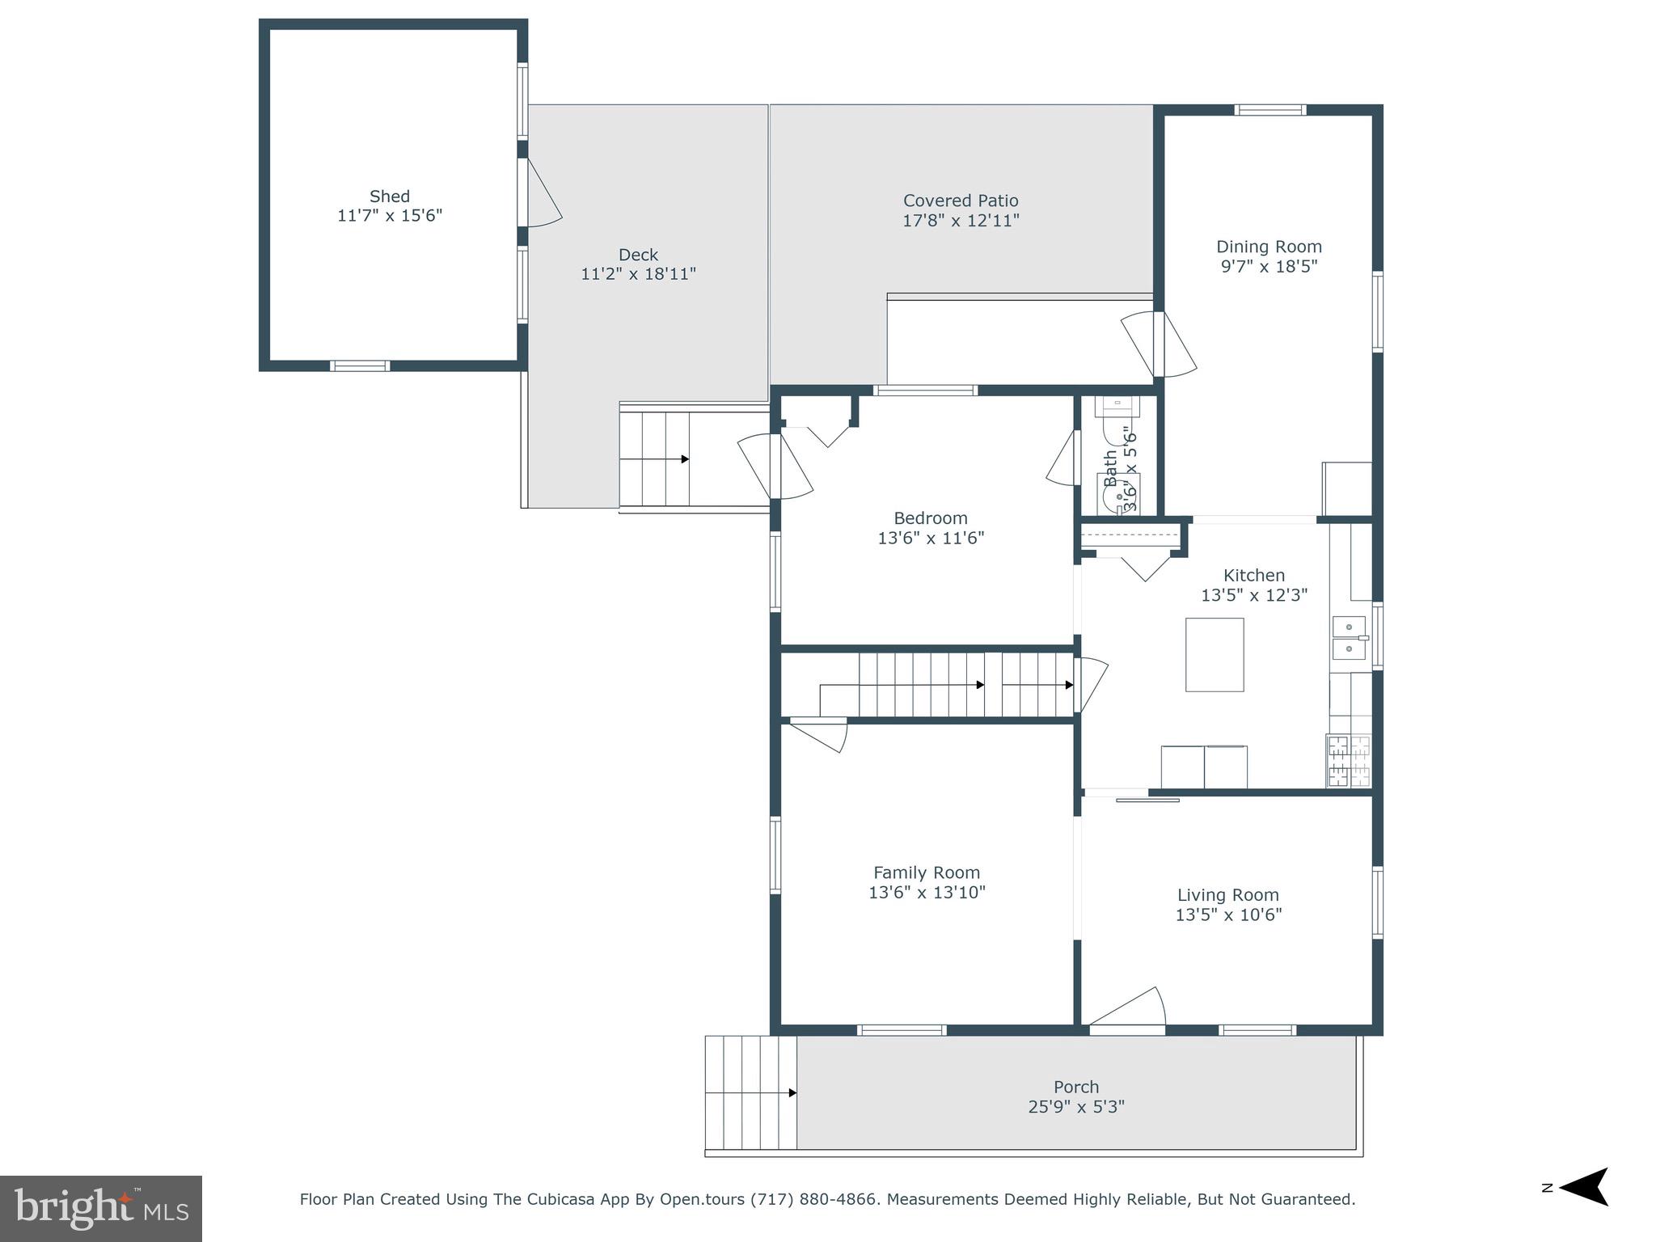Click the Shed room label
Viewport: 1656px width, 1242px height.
pyautogui.click(x=389, y=196)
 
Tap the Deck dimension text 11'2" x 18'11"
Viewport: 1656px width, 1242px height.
pyautogui.click(x=638, y=274)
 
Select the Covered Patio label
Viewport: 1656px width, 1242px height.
pyautogui.click(x=960, y=201)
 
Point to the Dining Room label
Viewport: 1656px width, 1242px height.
pyautogui.click(x=1268, y=247)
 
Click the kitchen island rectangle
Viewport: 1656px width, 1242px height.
pyautogui.click(x=1214, y=654)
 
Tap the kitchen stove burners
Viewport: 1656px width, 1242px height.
pyautogui.click(x=1348, y=760)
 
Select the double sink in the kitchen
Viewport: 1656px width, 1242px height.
pyautogui.click(x=1349, y=637)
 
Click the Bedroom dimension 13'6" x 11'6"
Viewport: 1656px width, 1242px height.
pyautogui.click(x=930, y=538)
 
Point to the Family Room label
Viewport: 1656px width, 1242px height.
pyautogui.click(x=926, y=872)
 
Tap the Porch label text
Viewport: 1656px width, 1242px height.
pyautogui.click(x=1075, y=1087)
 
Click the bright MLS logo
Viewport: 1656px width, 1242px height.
pyautogui.click(x=100, y=1208)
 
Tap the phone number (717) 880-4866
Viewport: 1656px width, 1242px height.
pyautogui.click(x=813, y=1199)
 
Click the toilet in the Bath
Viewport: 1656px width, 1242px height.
pyautogui.click(x=1117, y=408)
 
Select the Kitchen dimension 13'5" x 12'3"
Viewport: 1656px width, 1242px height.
pyautogui.click(x=1253, y=595)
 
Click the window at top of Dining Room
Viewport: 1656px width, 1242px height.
pyautogui.click(x=1269, y=110)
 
